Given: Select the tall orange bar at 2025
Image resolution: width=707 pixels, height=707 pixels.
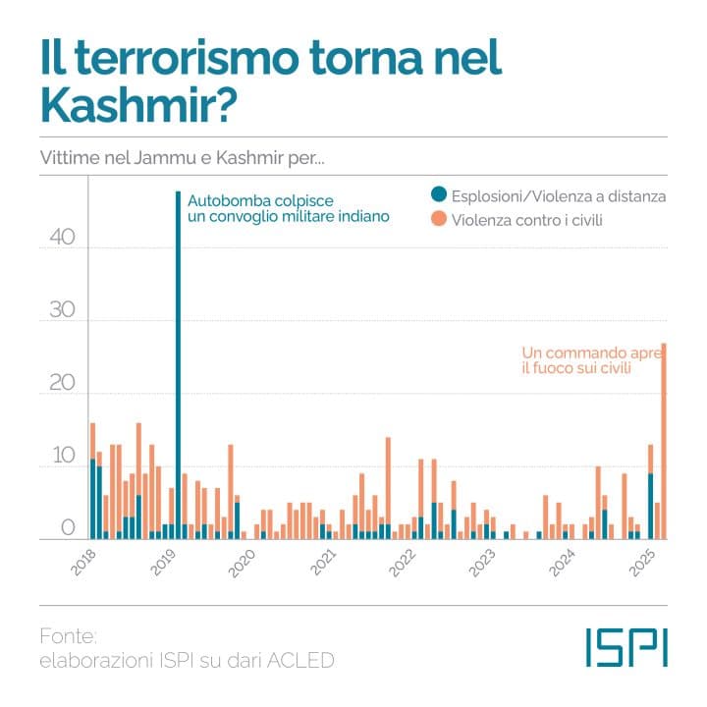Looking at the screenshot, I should pos(664,442).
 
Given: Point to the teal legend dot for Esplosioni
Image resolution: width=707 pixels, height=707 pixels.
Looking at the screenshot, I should pos(438,196).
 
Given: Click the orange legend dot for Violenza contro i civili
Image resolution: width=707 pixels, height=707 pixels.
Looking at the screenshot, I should pos(438,220).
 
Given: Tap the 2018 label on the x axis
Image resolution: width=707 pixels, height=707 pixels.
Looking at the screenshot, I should pos(85,563).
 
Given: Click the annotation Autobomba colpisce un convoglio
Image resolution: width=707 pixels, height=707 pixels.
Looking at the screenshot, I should pos(288,205).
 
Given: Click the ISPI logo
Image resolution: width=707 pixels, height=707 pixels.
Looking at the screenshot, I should pos(625,647).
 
